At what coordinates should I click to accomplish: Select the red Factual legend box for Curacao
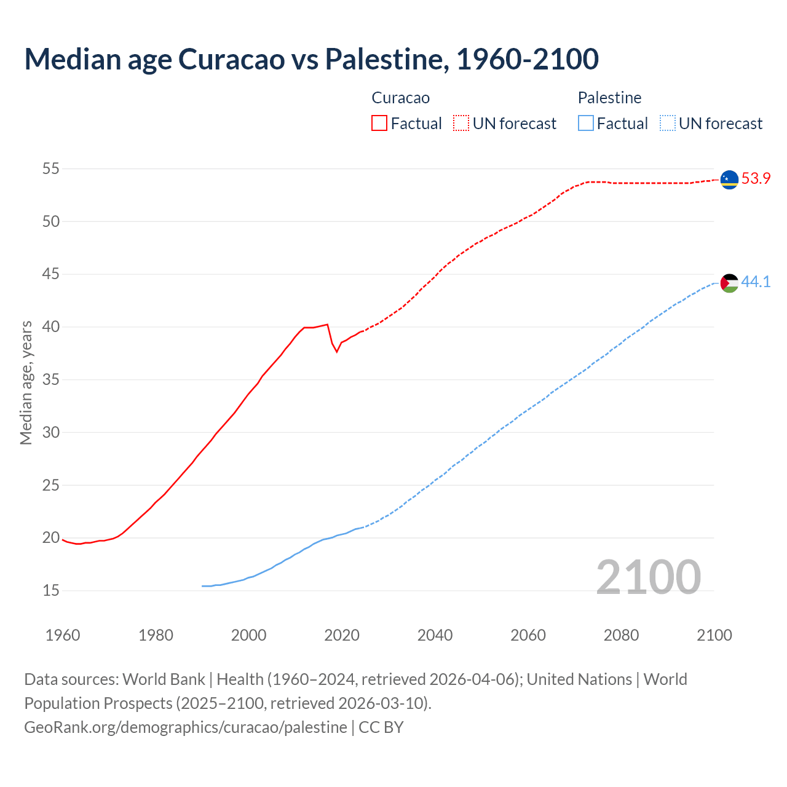(379, 124)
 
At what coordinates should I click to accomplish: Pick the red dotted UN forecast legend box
(461, 124)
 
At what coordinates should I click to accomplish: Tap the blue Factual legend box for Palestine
(586, 124)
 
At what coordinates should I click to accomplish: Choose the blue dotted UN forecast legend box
(668, 124)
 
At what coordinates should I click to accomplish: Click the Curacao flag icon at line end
(729, 180)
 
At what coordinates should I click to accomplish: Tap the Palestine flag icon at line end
(729, 283)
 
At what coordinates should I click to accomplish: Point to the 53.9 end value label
(756, 179)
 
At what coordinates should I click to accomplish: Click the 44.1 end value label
(756, 282)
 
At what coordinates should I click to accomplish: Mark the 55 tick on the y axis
(51, 168)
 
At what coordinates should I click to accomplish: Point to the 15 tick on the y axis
(51, 591)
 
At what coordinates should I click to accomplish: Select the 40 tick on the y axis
(51, 326)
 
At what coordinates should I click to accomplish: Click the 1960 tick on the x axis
(63, 635)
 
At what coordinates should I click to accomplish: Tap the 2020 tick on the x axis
(342, 635)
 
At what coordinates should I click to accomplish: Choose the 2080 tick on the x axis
(621, 635)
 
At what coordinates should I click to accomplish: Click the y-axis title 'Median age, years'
(26, 382)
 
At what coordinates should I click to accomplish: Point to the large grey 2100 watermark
(648, 577)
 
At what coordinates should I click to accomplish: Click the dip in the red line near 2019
(336, 351)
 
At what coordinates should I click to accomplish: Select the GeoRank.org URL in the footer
(186, 727)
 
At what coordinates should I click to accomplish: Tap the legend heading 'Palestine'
(609, 98)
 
